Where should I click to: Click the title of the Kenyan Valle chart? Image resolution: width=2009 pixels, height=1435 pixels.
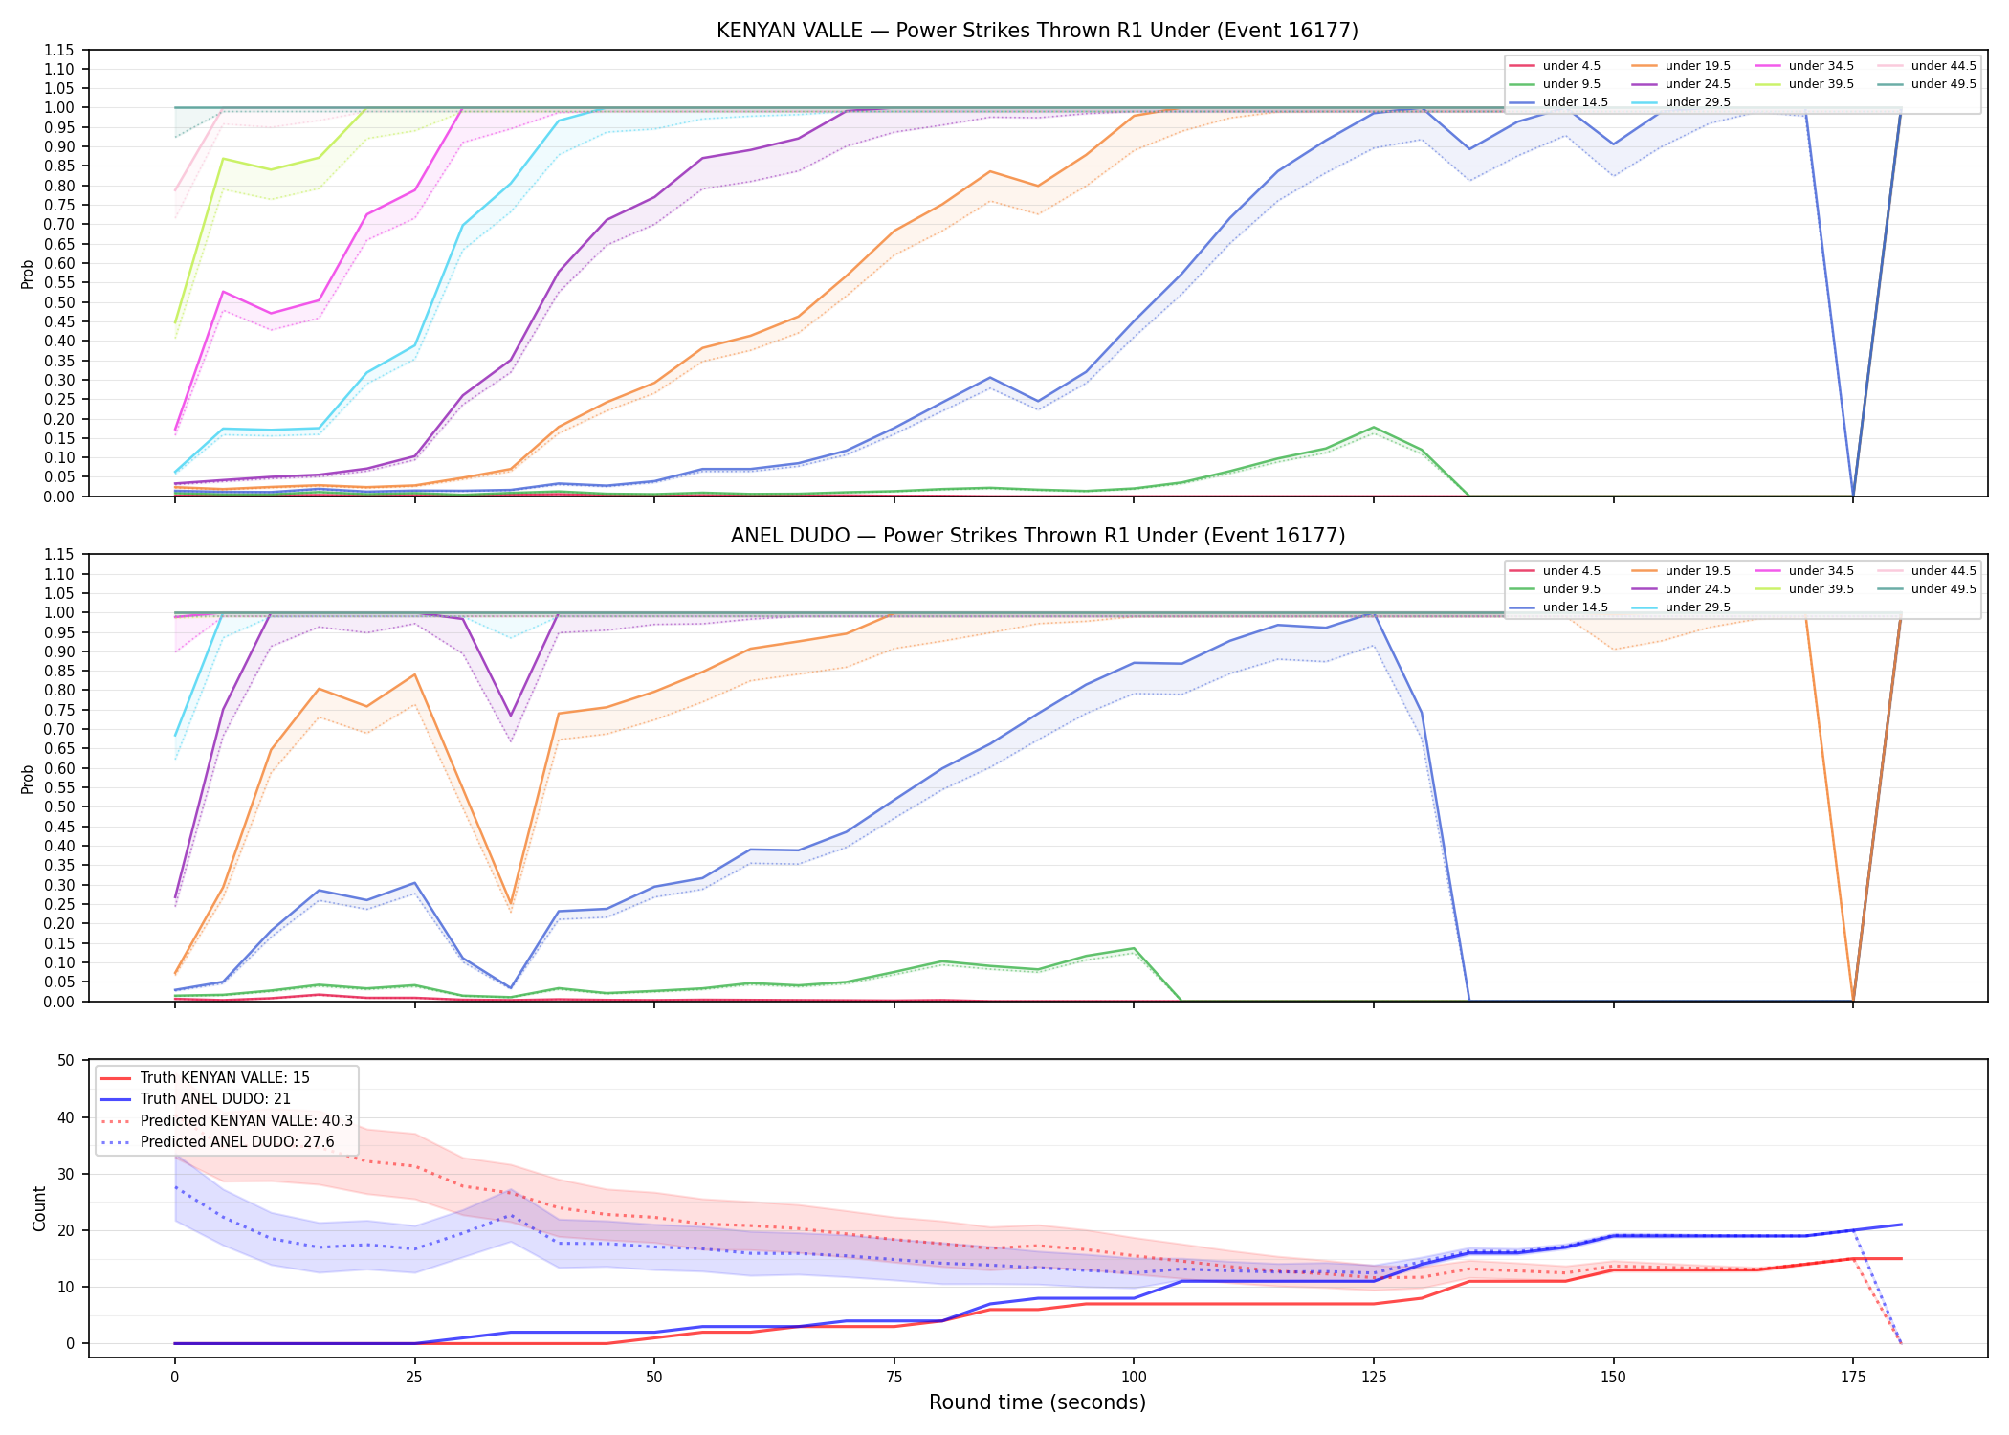[1037, 31]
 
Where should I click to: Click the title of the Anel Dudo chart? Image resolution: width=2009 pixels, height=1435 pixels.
[1037, 536]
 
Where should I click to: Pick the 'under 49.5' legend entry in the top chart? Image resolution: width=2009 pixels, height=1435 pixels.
[1926, 84]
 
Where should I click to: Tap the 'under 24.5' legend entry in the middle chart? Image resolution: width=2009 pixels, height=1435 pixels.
[1681, 589]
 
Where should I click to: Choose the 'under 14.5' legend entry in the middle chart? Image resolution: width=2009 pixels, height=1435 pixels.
[1558, 607]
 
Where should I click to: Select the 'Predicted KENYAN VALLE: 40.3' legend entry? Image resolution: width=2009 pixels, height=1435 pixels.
[227, 1120]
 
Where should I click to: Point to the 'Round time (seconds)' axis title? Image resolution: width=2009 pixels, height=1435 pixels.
[1037, 1402]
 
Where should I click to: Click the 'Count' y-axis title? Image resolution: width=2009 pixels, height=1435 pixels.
[39, 1208]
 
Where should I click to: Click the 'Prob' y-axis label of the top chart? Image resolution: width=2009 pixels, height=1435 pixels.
[27, 274]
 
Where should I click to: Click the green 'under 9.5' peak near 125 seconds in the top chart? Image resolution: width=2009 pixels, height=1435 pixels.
[1374, 428]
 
